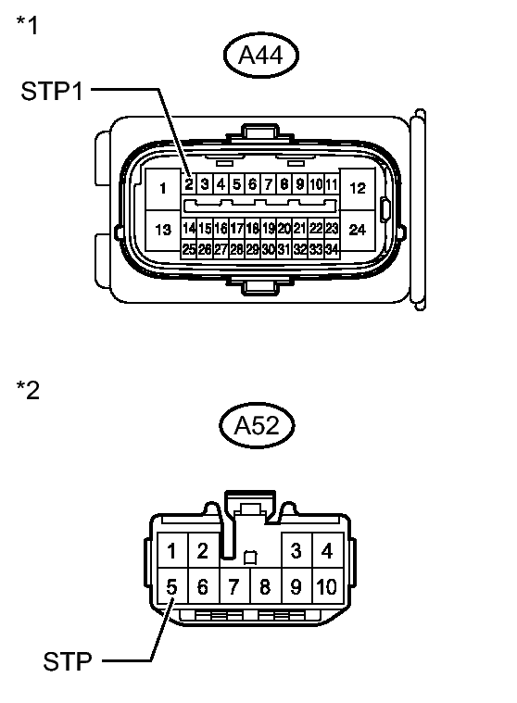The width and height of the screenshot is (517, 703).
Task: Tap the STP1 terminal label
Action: (x=52, y=91)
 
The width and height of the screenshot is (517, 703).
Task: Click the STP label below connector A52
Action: (x=68, y=661)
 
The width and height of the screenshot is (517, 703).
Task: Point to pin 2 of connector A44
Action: (x=189, y=183)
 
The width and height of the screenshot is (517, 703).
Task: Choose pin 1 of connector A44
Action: (x=163, y=188)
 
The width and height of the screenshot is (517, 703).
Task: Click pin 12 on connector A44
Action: (x=358, y=188)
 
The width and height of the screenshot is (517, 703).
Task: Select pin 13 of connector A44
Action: (x=163, y=230)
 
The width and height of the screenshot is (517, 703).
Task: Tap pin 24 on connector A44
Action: (x=358, y=230)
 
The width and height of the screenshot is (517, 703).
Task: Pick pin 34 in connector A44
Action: (x=332, y=249)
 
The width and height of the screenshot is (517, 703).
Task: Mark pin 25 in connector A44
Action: (x=189, y=249)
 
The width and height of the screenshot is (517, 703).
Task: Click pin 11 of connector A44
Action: (x=332, y=183)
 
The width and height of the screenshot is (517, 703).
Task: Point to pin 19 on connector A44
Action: (x=268, y=229)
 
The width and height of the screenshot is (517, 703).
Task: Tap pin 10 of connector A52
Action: (x=327, y=586)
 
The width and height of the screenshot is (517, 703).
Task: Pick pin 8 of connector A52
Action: (x=266, y=586)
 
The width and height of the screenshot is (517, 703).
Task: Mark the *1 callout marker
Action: (x=28, y=25)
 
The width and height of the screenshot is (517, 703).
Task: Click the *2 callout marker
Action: (x=28, y=390)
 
